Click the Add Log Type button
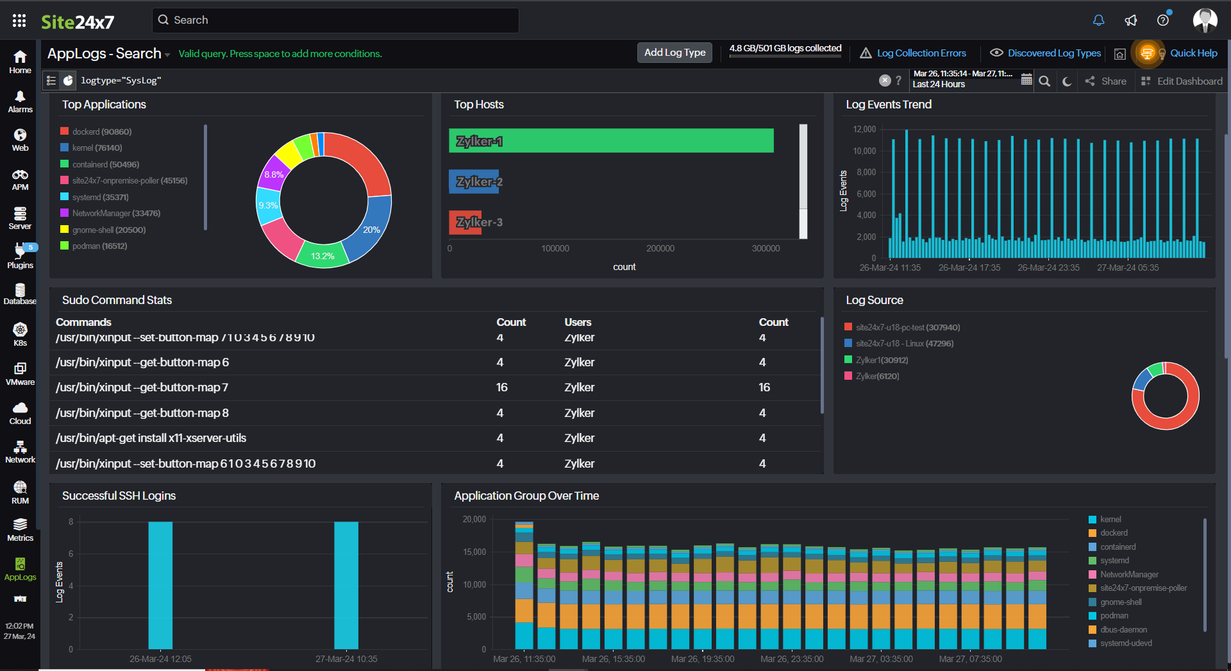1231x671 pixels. click(674, 53)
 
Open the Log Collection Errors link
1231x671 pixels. click(921, 53)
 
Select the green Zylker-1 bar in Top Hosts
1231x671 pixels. click(611, 140)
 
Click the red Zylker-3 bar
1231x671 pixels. click(465, 222)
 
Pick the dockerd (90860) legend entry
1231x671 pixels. click(101, 132)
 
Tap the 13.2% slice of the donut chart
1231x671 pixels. click(322, 255)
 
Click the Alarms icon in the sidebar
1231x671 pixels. click(20, 101)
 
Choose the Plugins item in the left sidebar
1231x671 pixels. click(20, 256)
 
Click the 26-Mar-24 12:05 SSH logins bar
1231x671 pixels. click(160, 584)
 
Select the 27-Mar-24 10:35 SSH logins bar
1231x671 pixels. click(346, 584)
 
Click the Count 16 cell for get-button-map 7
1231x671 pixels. click(501, 387)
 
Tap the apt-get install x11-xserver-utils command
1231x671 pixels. click(151, 438)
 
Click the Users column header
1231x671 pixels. click(578, 322)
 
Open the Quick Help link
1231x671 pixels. click(1193, 53)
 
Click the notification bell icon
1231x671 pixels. click(1098, 21)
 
